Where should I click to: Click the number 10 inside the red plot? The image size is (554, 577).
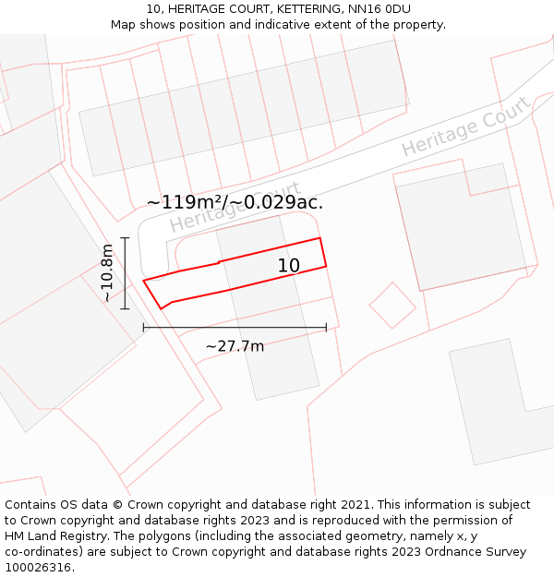[x=289, y=266]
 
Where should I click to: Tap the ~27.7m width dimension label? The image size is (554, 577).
[x=235, y=346]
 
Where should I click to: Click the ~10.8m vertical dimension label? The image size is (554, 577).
[x=108, y=273]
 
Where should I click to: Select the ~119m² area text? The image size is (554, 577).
[x=186, y=202]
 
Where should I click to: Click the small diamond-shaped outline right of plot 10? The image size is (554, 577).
[x=392, y=305]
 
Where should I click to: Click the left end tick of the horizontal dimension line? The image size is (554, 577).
[x=143, y=327]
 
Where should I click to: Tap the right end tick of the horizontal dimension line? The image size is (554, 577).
[x=326, y=327]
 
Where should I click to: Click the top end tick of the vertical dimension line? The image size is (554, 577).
[x=125, y=238]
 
